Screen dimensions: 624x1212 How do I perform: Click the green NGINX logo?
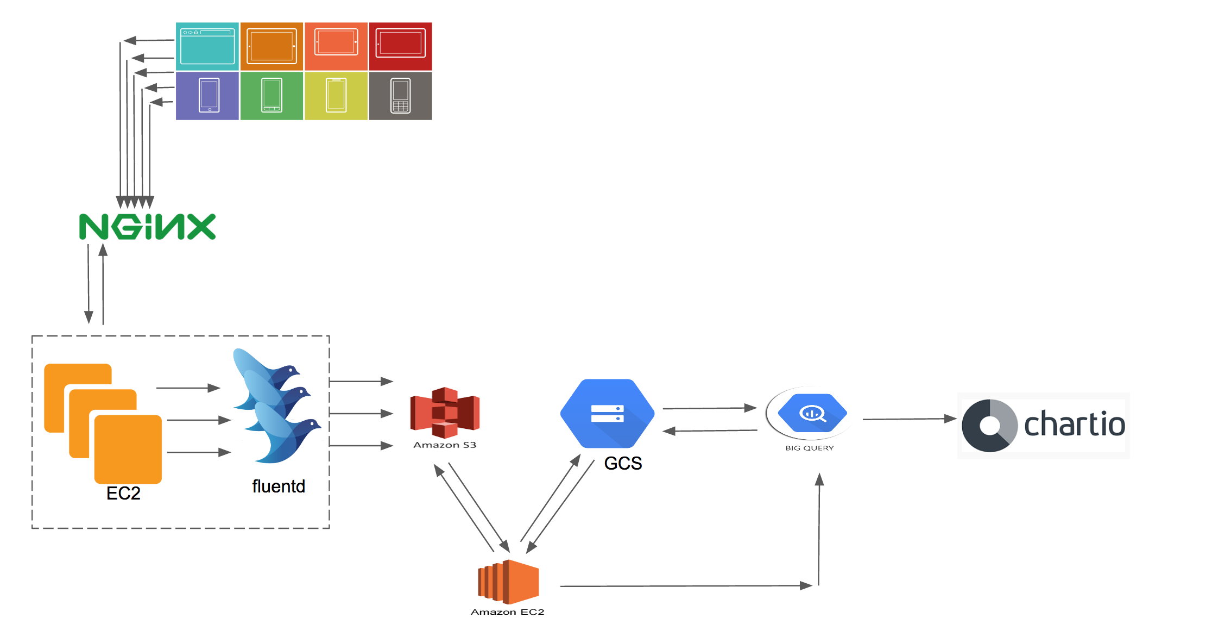147,227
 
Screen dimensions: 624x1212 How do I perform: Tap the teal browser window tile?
207,46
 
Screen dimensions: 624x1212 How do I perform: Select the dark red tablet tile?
400,46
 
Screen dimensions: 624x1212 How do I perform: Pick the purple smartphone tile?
207,96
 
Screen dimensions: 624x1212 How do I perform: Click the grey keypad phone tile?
400,96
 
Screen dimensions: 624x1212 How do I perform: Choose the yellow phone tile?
336,96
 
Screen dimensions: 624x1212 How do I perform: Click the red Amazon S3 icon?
445,413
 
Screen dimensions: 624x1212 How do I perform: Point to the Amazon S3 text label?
445,445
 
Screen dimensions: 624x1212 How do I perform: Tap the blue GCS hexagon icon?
607,414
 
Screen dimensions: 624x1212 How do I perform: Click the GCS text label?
623,464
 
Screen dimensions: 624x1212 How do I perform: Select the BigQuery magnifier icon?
812,414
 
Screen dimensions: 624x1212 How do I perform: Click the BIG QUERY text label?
809,448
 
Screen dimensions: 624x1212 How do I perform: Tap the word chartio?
1074,425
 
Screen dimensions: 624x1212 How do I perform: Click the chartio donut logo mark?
989,426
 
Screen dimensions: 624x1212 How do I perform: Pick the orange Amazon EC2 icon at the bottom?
508,582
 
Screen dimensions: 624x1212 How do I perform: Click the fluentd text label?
279,486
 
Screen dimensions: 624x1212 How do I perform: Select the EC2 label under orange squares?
123,494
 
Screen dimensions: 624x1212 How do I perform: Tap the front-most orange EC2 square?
128,449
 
